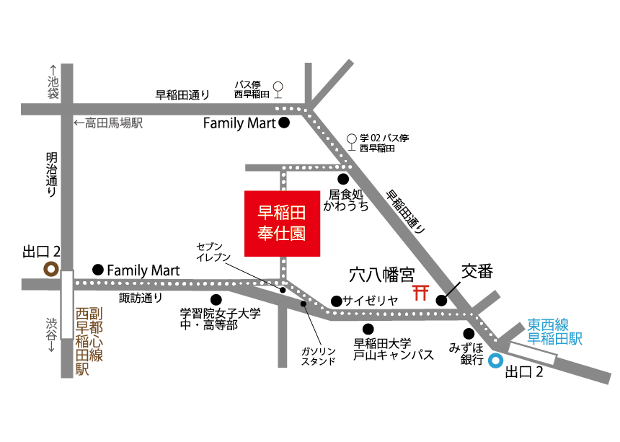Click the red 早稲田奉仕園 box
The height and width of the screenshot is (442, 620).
[x=282, y=223]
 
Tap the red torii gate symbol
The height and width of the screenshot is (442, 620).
[x=420, y=292]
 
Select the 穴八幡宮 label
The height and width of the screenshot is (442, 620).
[x=381, y=275]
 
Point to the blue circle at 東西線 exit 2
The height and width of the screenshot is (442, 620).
[x=495, y=361]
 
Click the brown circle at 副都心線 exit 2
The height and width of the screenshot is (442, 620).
[x=51, y=269]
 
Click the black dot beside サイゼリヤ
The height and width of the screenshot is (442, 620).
[x=335, y=301]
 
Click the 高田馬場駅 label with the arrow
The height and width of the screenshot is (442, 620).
[x=108, y=123]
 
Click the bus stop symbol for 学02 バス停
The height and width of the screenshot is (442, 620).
[x=351, y=138]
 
